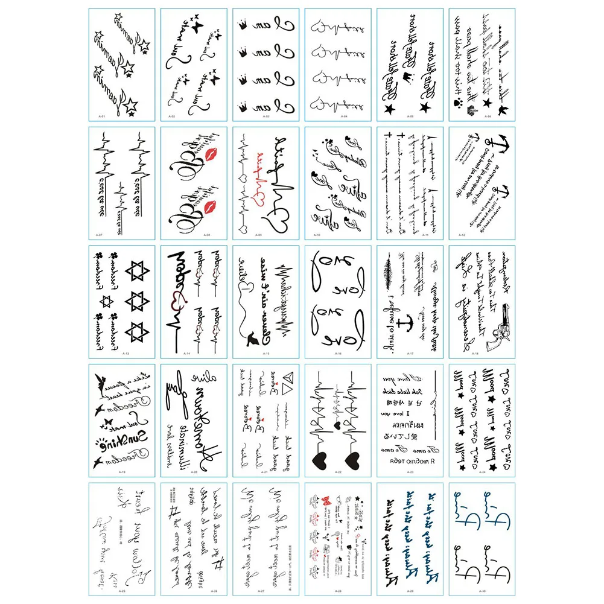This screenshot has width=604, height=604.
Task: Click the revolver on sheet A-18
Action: (x=504, y=329)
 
